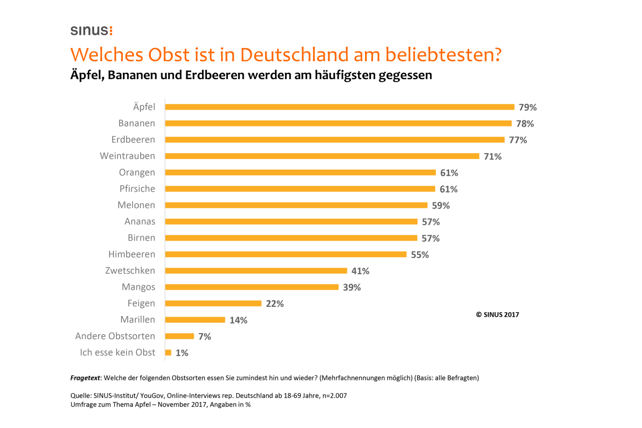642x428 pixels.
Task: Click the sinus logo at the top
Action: coord(91,31)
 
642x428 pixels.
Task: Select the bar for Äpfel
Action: coord(339,107)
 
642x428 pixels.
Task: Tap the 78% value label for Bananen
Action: coord(525,124)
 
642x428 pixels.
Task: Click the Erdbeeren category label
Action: coord(133,139)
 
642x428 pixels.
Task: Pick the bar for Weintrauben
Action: coord(322,156)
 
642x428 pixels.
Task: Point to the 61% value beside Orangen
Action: coord(449,173)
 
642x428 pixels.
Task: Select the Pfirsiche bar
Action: coord(300,189)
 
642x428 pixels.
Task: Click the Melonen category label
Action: coord(136,205)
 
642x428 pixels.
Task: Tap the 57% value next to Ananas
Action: coord(430,222)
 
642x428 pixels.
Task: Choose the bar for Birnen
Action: coord(291,238)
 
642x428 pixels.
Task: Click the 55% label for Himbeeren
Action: coord(419,255)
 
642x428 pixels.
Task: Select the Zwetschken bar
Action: coord(256,271)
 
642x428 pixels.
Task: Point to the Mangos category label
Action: coord(138,287)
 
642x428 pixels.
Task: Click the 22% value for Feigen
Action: coord(275,304)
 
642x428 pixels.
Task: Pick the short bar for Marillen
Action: coord(195,320)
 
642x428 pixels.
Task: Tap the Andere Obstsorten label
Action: coord(115,336)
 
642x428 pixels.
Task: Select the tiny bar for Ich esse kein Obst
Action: coord(168,353)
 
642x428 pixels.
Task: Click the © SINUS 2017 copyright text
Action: coord(497,315)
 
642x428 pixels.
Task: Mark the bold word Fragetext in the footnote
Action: coord(85,378)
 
